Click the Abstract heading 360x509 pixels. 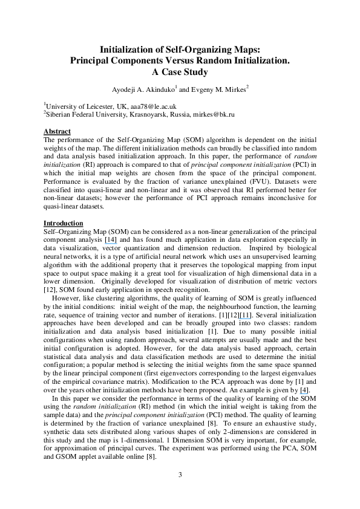[x=57, y=131]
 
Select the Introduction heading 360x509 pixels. [x=64, y=223]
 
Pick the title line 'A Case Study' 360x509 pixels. [x=180, y=73]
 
